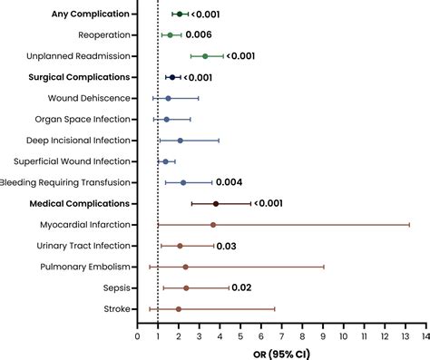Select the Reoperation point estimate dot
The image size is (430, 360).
(x=170, y=35)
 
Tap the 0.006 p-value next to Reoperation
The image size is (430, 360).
(x=199, y=35)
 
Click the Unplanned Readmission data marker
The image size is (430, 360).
(x=205, y=56)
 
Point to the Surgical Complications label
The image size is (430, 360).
(x=80, y=77)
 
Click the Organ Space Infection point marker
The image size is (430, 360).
(x=166, y=119)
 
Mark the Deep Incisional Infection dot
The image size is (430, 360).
(x=180, y=141)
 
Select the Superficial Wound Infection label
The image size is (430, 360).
(x=72, y=161)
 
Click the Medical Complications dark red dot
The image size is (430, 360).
(x=216, y=204)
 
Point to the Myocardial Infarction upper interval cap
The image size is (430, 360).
(x=409, y=225)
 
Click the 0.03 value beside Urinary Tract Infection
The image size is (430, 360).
(x=227, y=246)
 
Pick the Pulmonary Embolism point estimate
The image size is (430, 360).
(x=185, y=267)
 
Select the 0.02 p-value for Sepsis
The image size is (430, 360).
(x=241, y=287)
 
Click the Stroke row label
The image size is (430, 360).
(x=116, y=309)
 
